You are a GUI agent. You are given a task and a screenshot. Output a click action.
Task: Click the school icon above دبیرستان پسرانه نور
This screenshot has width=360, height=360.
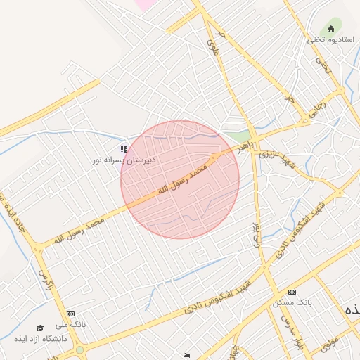click(x=124, y=149)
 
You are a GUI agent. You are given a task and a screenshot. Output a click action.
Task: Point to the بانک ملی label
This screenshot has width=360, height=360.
click(x=70, y=325)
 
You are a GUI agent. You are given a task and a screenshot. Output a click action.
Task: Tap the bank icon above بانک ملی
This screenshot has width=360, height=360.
click(x=70, y=314)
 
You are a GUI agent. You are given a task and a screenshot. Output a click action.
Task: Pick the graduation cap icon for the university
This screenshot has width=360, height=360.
click(x=40, y=328)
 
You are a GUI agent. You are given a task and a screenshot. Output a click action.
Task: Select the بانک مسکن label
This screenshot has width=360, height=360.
click(x=292, y=302)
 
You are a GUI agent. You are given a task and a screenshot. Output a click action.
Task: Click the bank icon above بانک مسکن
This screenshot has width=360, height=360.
click(x=292, y=292)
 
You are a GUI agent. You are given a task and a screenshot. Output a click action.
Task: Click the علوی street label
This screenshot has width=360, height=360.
click(x=212, y=47)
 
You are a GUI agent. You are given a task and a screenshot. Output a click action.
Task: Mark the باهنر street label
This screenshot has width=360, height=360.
click(x=243, y=147)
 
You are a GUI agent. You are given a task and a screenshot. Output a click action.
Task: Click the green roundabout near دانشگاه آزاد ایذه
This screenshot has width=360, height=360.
click(x=79, y=349)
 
